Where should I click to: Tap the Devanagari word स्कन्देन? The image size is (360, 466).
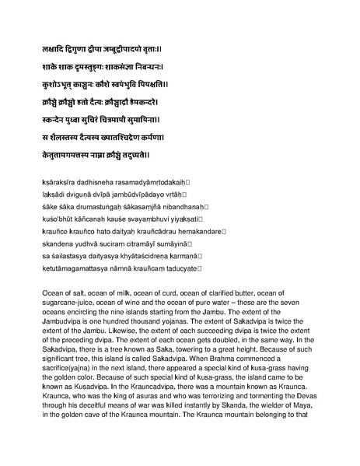[59, 120]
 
